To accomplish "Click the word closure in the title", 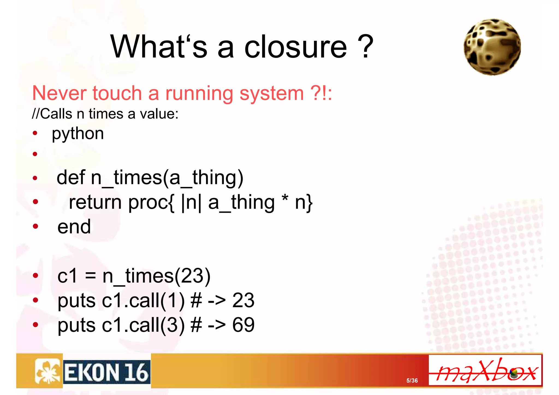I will click(295, 47).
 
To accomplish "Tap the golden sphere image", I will click(492, 47).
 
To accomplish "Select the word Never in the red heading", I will click(59, 93).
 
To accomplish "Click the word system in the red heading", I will click(272, 94).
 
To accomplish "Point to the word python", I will click(78, 134).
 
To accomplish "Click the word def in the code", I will click(71, 177).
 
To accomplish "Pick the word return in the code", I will click(95, 202).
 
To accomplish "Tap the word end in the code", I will click(74, 227).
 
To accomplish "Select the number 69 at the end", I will click(243, 325).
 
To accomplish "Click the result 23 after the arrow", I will click(243, 300).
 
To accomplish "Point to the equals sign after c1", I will click(90, 276).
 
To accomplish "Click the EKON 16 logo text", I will click(107, 372).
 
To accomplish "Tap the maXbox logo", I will click(485, 370).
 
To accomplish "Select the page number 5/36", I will click(412, 381).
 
